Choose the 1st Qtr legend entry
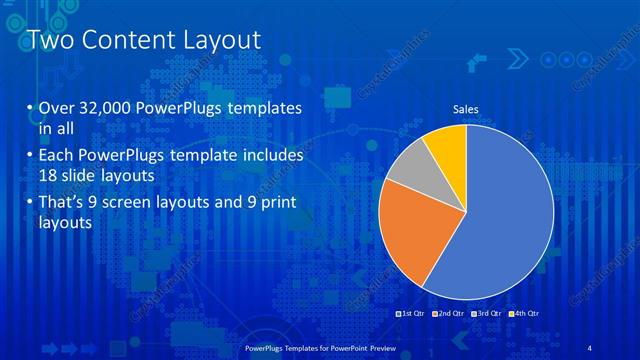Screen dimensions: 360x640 pyautogui.click(x=410, y=314)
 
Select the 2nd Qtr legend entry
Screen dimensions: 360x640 pyautogui.click(x=448, y=314)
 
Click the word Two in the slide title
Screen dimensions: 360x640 pyautogui.click(x=47, y=40)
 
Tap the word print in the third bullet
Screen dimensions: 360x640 pyautogui.click(x=274, y=203)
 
